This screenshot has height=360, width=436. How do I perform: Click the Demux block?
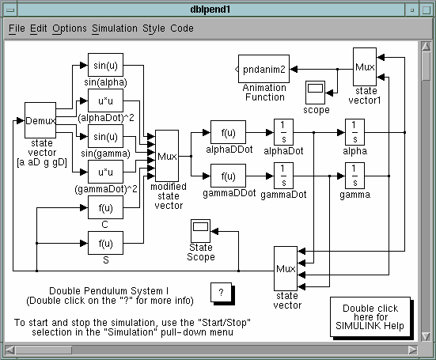pos(40,120)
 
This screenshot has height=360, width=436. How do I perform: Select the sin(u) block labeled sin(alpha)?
pos(105,65)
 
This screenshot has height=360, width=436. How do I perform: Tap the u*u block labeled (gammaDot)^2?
pos(105,172)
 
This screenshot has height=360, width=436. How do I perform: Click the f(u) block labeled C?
pos(105,207)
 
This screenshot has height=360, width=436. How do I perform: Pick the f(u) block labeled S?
pos(105,243)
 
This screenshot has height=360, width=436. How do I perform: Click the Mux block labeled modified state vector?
pos(167,156)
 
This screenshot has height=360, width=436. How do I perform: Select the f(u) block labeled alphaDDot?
pos(228,132)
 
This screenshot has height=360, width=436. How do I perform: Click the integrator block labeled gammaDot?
pos(283,176)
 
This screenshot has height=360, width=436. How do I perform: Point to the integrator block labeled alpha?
pos(354,132)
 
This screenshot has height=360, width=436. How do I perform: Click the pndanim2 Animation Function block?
pos(263,69)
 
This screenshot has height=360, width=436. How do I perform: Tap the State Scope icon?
pos(200,231)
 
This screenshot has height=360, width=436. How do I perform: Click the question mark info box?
pos(222,293)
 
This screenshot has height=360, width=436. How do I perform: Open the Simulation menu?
pos(115,28)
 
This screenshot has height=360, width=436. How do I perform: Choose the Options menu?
pos(70,28)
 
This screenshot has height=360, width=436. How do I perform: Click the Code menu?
pos(182,28)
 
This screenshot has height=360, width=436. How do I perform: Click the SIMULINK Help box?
pos(370,317)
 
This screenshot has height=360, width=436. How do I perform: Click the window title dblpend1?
pos(210,9)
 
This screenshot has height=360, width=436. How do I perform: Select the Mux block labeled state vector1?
pos(365,66)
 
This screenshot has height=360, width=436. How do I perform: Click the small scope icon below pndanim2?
pos(315,93)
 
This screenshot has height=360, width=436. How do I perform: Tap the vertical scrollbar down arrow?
pos(426,336)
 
